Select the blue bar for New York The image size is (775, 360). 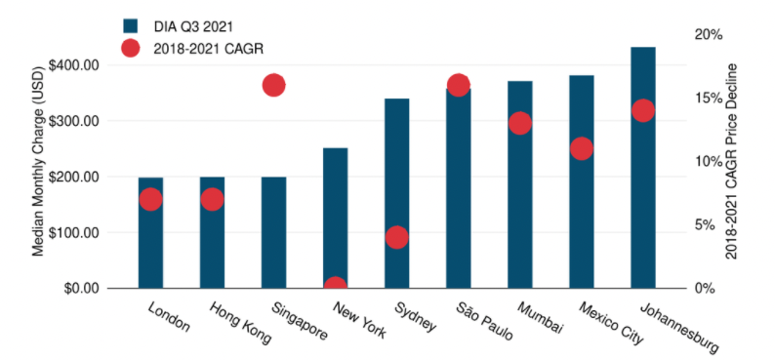[335, 215]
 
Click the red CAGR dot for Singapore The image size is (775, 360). [273, 85]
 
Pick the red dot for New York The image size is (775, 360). [335, 287]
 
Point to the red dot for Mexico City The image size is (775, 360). [582, 148]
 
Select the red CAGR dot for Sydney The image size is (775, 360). [396, 237]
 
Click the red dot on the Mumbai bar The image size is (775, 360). [520, 123]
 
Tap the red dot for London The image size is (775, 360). [150, 199]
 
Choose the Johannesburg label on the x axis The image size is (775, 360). [673, 326]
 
